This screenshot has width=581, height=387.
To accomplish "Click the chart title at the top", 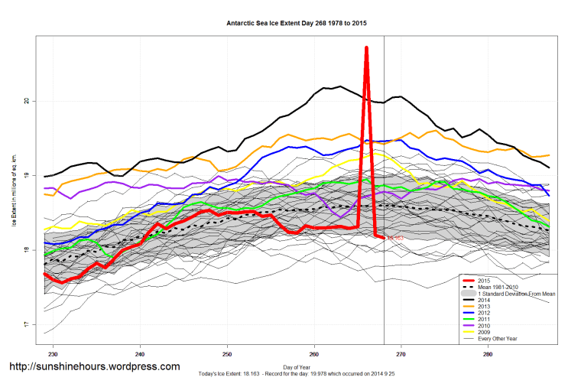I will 297,24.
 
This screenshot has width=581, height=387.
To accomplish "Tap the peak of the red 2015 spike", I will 367,48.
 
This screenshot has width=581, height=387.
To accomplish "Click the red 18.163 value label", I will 394,239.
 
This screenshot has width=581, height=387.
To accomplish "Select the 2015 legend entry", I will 482,281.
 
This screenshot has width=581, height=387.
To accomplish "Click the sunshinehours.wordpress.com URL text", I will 95,367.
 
